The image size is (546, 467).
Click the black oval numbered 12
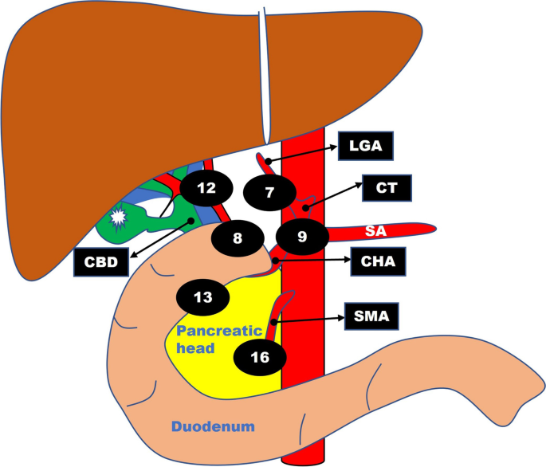206,189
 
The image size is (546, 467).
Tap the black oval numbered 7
269,193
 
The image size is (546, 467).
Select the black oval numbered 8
238,237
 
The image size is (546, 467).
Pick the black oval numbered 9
302,236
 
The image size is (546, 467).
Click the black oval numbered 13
204,297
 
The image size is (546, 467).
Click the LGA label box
366,147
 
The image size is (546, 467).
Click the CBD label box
100,261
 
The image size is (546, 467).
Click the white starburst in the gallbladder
120,215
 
